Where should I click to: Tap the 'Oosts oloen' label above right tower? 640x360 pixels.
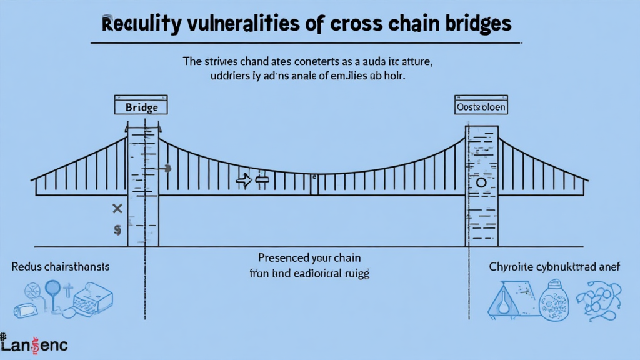pos(480,107)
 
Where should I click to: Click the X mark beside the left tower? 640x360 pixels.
pos(116,207)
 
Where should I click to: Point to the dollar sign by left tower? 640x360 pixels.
pos(117,229)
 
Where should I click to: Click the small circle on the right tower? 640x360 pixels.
pos(481,182)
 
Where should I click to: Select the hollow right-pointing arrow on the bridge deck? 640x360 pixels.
pos(242,181)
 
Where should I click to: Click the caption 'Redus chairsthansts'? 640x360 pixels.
pos(60,267)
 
